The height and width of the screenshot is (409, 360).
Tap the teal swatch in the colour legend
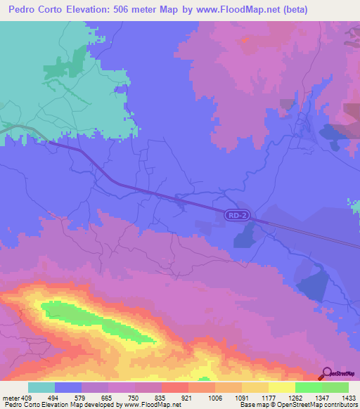41,387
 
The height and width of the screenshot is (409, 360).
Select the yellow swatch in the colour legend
281,387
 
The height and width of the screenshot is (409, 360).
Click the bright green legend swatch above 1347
308,387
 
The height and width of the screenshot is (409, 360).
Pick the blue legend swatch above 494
68,387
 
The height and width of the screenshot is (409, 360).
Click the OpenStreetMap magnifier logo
326,373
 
